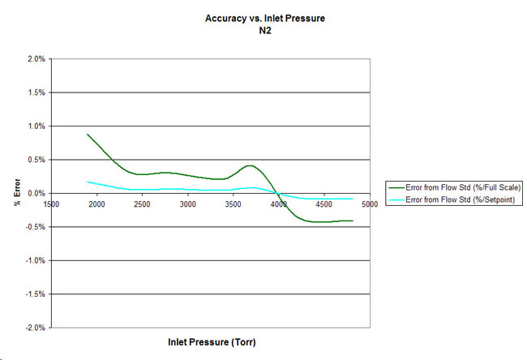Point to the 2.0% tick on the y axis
point(36,59)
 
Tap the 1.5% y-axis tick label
point(36,92)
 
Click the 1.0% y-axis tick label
point(36,126)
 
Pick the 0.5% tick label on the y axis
point(36,160)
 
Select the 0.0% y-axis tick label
point(36,193)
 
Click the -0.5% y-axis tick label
point(34,227)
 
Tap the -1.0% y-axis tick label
point(34,260)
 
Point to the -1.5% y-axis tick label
point(34,294)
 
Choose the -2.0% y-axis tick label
point(34,328)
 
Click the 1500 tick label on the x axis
point(51,204)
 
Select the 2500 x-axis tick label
point(142,204)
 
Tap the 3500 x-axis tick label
point(233,204)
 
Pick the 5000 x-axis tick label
point(369,204)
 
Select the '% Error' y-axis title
point(16,193)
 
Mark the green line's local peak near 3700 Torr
point(251,165)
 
